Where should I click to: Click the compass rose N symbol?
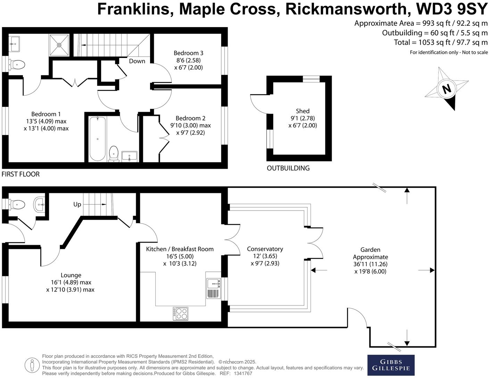(x=446, y=89)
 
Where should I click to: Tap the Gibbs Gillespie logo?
(x=391, y=365)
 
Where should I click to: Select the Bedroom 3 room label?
(x=188, y=53)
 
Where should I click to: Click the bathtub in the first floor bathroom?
(x=98, y=139)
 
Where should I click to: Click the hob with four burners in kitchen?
(x=181, y=314)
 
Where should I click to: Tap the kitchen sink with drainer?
(x=214, y=288)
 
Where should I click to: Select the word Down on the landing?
(x=137, y=61)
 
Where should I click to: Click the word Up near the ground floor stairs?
(x=77, y=204)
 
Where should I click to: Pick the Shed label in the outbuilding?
(x=302, y=111)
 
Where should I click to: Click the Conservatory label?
(x=265, y=249)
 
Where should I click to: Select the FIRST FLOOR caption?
(x=20, y=174)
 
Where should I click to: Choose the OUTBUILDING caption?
(x=288, y=168)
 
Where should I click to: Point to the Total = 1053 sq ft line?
(x=441, y=42)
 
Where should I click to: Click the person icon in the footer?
(x=32, y=365)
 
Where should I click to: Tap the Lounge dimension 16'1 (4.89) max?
(x=71, y=283)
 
